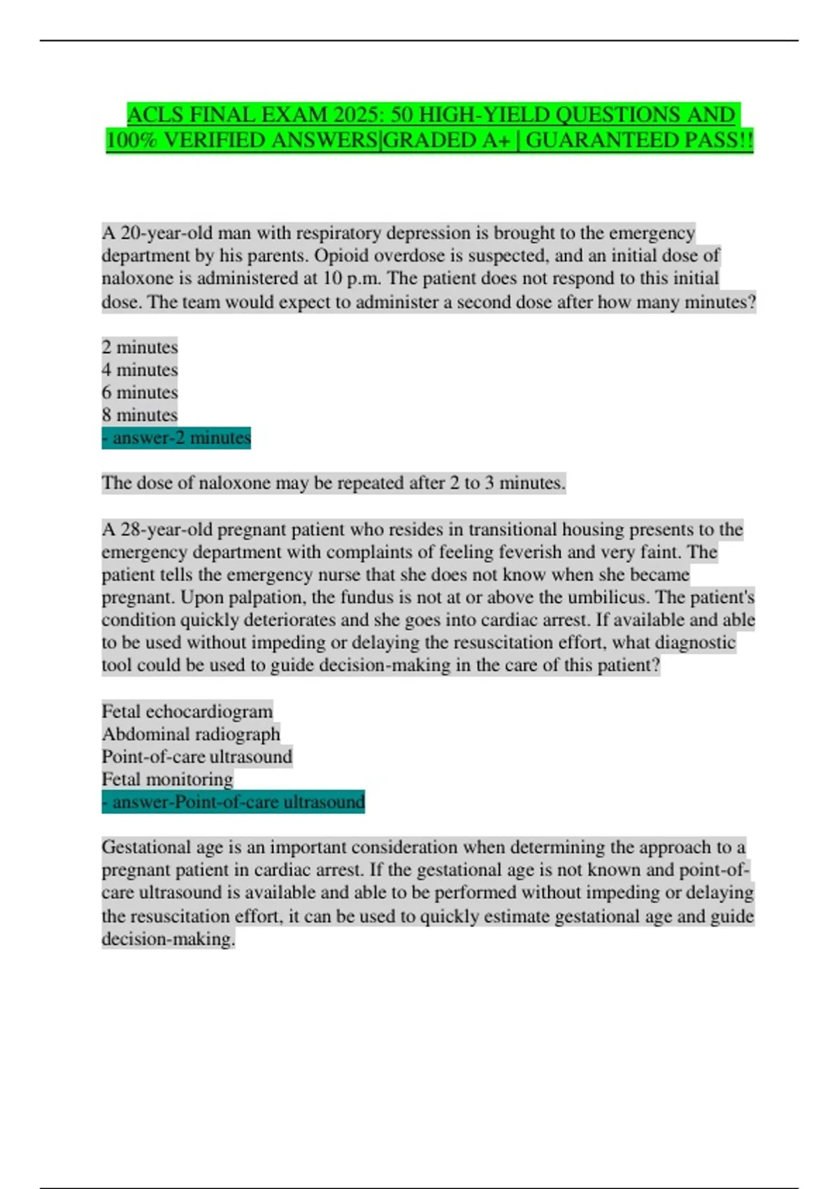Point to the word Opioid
coord(341,255)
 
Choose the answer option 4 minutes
coord(140,369)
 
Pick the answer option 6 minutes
coord(140,392)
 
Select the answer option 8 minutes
coord(140,415)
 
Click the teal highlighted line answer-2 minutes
coord(176,438)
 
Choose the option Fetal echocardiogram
coord(187,711)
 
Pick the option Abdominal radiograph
coord(191,734)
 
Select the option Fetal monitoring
coord(168,779)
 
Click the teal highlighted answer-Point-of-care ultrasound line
coord(234,802)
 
